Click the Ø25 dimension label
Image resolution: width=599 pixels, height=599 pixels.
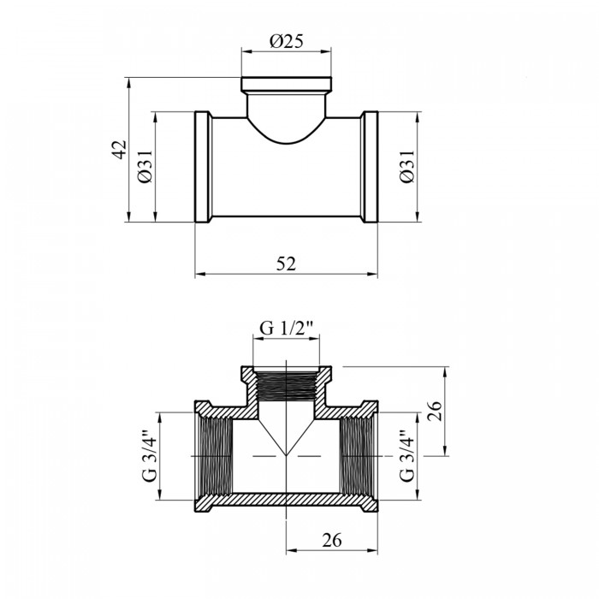pos(286,41)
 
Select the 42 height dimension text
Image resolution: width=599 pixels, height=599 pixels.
pos(119,150)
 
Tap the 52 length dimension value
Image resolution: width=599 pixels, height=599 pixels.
pos(286,264)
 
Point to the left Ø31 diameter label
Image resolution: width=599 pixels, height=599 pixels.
pos(145,166)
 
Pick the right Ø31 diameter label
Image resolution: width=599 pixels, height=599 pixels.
pos(406,166)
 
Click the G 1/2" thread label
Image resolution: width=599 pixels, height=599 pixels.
pos(286,328)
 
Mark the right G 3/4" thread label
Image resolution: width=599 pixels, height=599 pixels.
pos(406,455)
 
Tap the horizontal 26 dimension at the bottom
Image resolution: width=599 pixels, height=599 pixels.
pos(332,540)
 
